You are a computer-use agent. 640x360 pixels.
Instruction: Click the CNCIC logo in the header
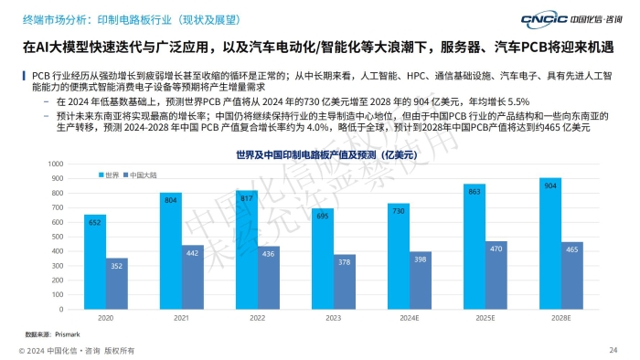click(571, 19)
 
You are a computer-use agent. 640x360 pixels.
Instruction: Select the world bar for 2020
click(95, 261)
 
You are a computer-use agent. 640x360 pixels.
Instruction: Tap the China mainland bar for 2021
click(193, 277)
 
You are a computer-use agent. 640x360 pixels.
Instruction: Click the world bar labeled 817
click(247, 250)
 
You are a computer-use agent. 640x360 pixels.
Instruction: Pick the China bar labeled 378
click(345, 281)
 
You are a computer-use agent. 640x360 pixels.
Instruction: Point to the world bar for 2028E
click(550, 243)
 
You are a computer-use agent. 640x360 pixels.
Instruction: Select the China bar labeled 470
click(496, 275)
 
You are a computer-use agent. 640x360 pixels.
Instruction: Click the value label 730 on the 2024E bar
click(399, 211)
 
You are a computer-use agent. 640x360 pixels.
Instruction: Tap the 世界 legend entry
click(109, 175)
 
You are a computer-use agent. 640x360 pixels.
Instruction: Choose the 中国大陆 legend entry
click(140, 175)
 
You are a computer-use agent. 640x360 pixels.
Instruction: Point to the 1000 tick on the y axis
click(56, 164)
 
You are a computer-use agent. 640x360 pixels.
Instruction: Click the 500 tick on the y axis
click(58, 237)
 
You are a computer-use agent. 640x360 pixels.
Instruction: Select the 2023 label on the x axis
click(333, 318)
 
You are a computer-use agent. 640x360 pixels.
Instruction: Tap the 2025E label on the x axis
click(485, 318)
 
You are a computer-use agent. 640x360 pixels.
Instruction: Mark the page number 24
click(613, 350)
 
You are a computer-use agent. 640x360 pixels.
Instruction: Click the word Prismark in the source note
click(68, 334)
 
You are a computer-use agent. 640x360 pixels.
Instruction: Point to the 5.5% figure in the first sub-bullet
click(518, 101)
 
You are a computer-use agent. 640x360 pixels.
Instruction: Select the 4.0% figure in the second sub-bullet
click(317, 127)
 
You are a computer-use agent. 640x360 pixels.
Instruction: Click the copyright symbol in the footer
click(22, 351)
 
